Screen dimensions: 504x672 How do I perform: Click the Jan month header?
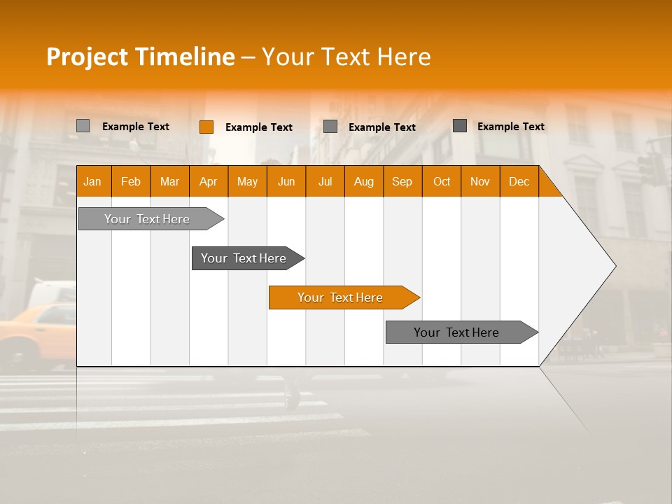tap(92, 181)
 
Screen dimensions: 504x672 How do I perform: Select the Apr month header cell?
tap(208, 181)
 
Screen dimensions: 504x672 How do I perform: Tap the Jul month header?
tap(325, 181)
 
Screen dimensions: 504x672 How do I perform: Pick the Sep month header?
tap(402, 181)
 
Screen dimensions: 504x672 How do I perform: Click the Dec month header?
tap(519, 181)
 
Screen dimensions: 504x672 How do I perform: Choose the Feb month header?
tap(131, 181)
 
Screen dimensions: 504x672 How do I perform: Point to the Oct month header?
tap(442, 181)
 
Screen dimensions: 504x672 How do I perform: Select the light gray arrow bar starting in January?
tap(148, 219)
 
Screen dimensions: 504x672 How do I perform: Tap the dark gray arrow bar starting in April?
tap(244, 258)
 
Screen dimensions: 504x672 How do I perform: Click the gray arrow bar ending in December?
tap(457, 332)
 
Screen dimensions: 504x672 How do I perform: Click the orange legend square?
tap(206, 127)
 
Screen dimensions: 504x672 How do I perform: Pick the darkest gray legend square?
tap(460, 126)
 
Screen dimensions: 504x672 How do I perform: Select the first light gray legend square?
tap(83, 126)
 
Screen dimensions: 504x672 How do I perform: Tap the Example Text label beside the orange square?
tap(258, 127)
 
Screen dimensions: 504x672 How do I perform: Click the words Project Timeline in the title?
tap(140, 57)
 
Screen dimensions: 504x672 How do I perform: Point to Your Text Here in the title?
tap(346, 57)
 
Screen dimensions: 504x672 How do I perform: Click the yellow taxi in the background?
tap(35, 329)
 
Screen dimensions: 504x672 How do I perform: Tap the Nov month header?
tap(480, 181)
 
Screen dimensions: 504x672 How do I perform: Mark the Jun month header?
tap(286, 181)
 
